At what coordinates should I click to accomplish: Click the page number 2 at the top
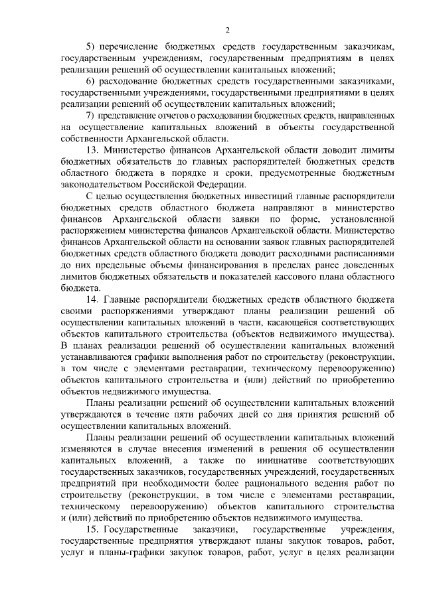[x=227, y=29]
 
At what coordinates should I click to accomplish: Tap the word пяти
[x=167, y=414]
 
